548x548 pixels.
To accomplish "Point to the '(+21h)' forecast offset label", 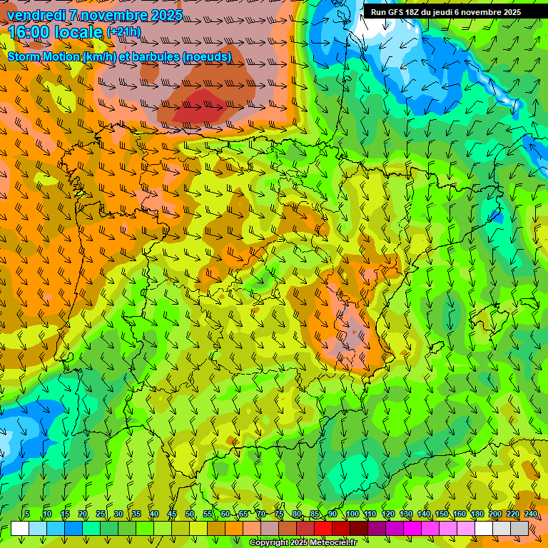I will click(123, 32).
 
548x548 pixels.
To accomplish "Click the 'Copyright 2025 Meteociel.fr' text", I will click(303, 543).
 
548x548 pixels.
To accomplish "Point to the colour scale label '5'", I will click(27, 514).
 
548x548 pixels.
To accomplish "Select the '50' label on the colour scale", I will click(190, 514).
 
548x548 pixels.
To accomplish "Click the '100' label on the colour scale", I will click(352, 514).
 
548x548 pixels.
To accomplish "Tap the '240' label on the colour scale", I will click(530, 514).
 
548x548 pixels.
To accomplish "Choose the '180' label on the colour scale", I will click(477, 514).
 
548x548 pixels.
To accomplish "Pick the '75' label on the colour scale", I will click(279, 514).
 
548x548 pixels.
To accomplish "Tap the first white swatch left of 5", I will click(20, 528).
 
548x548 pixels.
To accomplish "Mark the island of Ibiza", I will click(437, 347).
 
